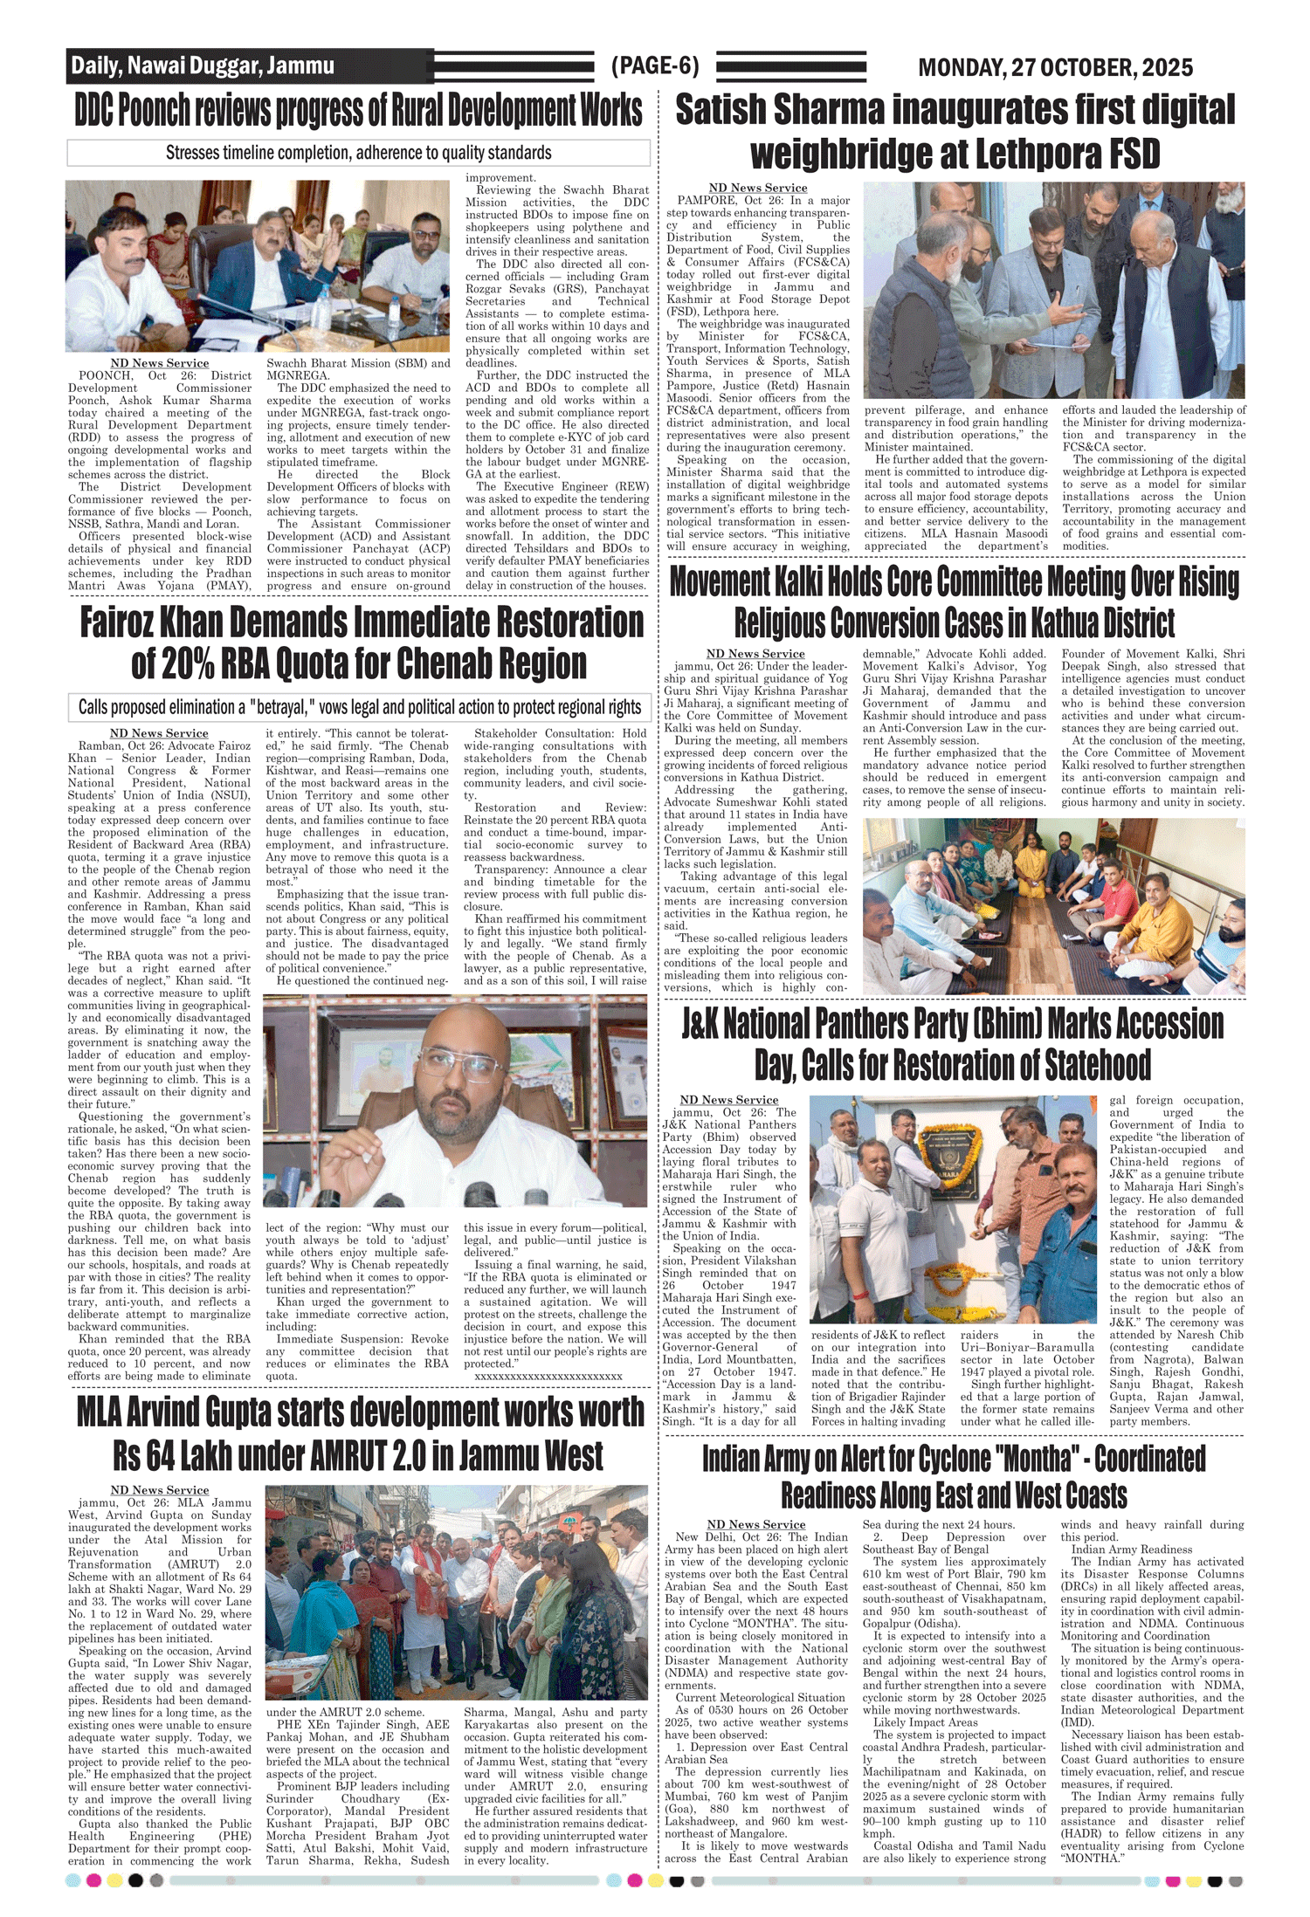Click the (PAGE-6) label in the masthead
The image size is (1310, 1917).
coord(655,66)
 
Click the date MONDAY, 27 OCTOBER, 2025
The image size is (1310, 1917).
coord(1055,67)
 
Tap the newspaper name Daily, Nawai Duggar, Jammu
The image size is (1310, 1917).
coord(203,66)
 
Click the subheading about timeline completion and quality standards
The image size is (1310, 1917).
coord(358,153)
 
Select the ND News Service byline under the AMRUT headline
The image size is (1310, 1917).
coord(160,1490)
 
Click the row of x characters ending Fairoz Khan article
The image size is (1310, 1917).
coord(548,1376)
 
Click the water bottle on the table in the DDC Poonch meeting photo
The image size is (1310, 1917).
coord(321,305)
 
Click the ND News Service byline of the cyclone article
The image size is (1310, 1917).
coord(755,1524)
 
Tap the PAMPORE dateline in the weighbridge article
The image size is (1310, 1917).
coord(706,201)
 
